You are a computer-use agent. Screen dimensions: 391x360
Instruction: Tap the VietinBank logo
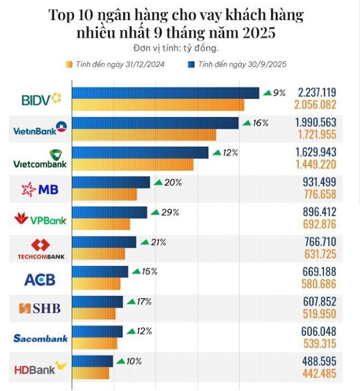click(39, 129)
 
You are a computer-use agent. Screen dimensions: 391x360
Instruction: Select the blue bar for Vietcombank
click(140, 153)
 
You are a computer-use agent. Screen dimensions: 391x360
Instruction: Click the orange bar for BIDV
click(158, 105)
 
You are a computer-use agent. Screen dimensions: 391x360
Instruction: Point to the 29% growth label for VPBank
click(170, 212)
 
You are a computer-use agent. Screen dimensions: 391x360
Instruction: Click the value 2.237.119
click(317, 93)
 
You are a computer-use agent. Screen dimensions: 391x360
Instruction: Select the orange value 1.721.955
click(317, 135)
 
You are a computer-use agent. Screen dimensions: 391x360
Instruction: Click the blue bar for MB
click(111, 182)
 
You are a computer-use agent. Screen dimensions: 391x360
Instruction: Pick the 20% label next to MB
click(172, 183)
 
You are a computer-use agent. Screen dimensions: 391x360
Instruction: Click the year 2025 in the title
click(259, 33)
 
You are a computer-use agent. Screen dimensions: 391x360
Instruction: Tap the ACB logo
click(40, 279)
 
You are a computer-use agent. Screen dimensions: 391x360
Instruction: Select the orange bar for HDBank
click(91, 373)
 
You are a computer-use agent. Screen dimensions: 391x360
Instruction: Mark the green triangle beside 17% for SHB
click(131, 301)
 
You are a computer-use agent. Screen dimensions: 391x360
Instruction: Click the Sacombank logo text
click(40, 339)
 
